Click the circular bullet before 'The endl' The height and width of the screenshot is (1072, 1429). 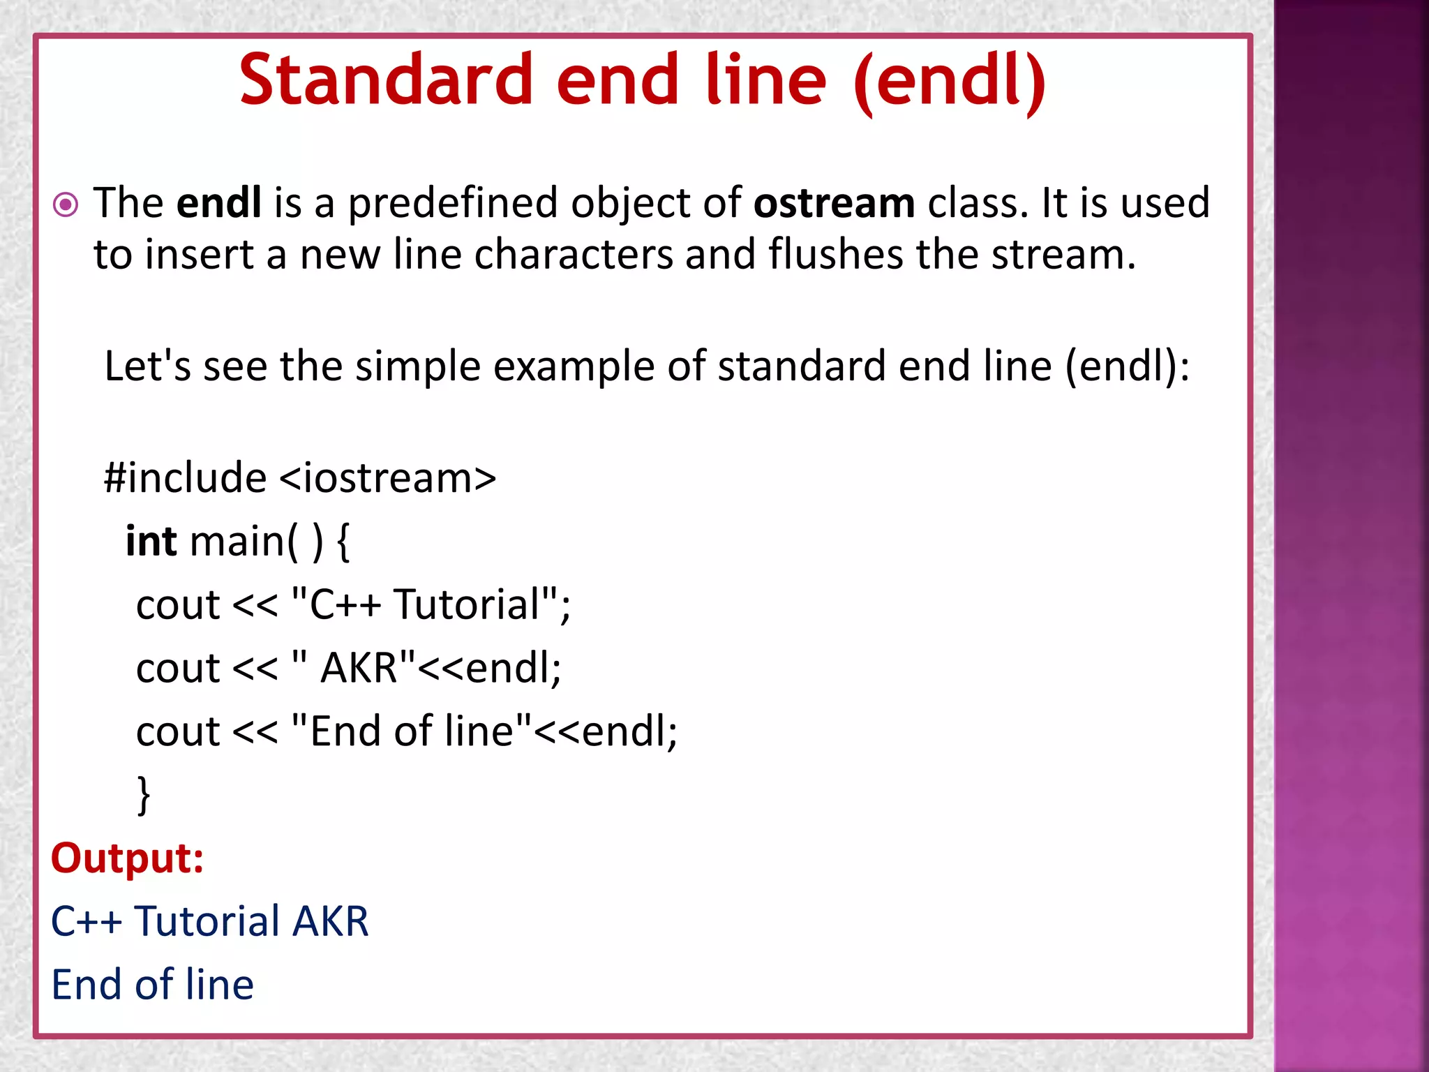(66, 204)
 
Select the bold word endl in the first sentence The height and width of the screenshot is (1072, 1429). (218, 203)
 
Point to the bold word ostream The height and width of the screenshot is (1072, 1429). (834, 203)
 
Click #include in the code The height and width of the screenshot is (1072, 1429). (185, 478)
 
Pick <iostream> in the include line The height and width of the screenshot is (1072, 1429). (387, 478)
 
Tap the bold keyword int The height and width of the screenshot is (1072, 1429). (151, 541)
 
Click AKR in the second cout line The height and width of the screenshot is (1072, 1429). (359, 668)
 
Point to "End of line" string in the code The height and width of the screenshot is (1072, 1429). (412, 731)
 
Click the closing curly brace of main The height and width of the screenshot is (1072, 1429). (143, 794)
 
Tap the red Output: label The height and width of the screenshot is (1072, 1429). (127, 858)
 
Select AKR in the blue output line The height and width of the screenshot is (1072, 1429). (330, 921)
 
